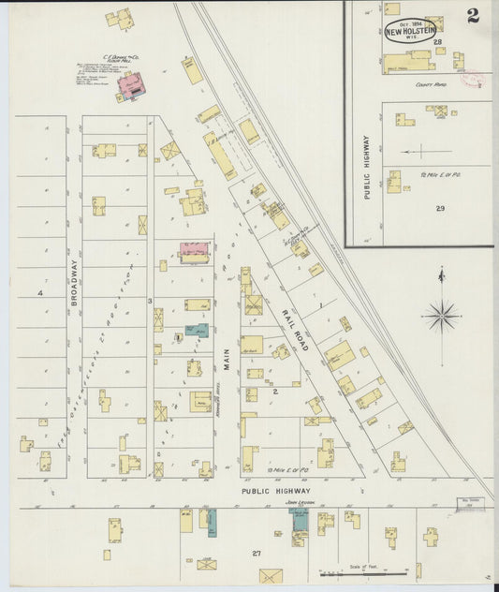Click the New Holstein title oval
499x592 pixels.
click(x=408, y=30)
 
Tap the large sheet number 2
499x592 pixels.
click(x=474, y=16)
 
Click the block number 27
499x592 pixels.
click(x=256, y=554)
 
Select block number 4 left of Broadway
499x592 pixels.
click(x=41, y=293)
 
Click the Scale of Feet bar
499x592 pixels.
click(x=363, y=572)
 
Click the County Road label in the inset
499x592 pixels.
click(x=430, y=84)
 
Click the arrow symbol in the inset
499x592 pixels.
click(x=420, y=150)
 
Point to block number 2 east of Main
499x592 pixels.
click(x=274, y=391)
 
